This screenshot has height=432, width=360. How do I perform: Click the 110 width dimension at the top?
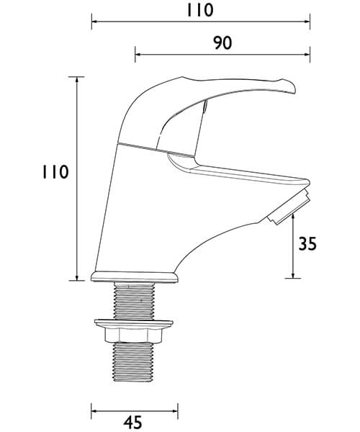199,10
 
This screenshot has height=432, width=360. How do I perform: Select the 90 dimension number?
222,43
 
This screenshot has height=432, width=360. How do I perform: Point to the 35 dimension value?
307,244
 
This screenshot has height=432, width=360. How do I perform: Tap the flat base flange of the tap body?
134,276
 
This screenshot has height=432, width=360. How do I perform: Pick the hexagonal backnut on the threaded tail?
135,333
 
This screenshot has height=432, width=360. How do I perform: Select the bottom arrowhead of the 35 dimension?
293,275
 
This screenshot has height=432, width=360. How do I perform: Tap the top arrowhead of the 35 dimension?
293,219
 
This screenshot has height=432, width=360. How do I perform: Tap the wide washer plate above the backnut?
135,322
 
